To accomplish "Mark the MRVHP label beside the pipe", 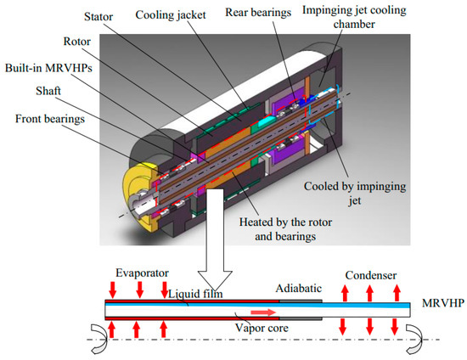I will point(441,303).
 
